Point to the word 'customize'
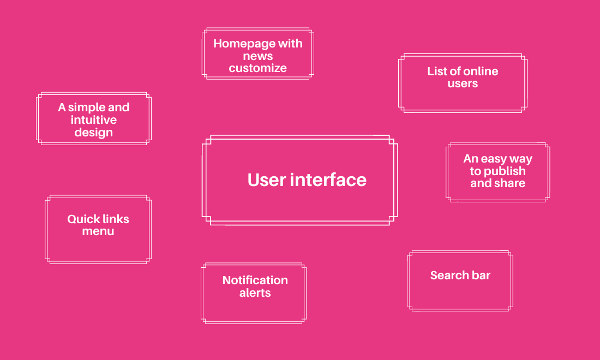point(257,68)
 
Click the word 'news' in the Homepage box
point(257,56)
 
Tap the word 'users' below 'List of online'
point(463,83)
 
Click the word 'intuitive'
point(93,120)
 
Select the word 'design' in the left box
point(93,133)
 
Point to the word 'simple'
point(86,107)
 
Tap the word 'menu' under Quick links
point(98,231)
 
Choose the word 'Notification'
point(255,280)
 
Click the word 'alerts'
point(255,293)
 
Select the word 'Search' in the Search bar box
point(449,275)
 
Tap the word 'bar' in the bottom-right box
point(481,275)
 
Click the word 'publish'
point(505,171)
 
